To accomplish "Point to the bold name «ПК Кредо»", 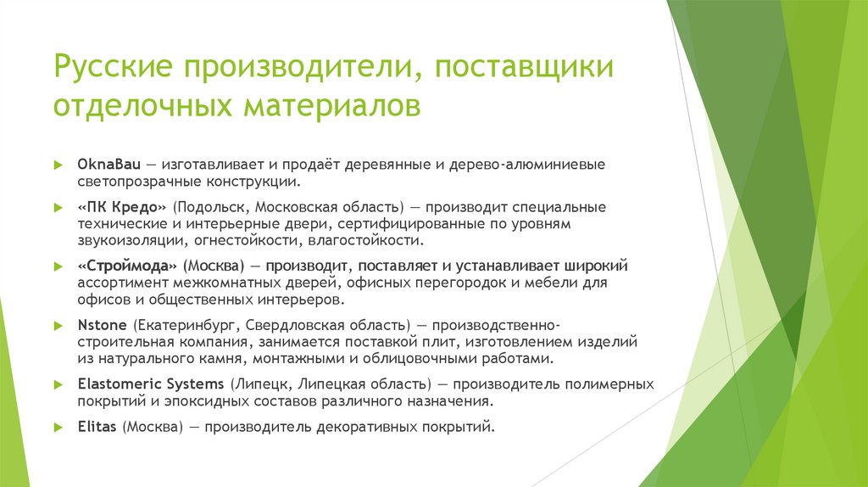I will click(x=122, y=207).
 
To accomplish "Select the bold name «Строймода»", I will click(x=127, y=266).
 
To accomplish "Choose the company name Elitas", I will click(x=97, y=427).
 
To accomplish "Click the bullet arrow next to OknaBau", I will click(x=58, y=164).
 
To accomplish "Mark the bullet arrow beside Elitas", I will click(x=58, y=427).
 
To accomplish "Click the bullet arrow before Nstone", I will click(x=58, y=325).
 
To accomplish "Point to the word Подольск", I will click(x=208, y=207).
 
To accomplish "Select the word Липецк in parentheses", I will click(x=259, y=383).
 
